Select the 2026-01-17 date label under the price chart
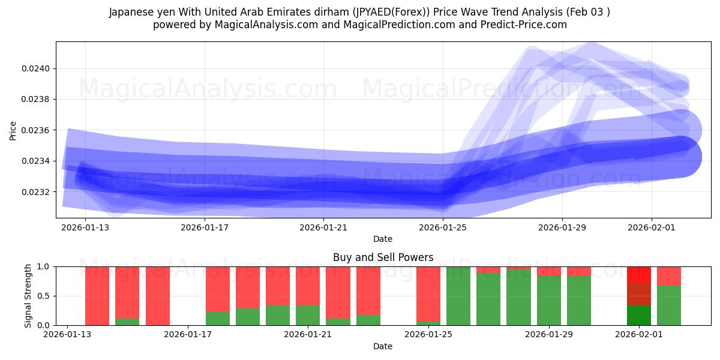tap(205, 227)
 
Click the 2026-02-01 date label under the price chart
tap(652, 227)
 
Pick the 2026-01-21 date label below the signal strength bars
tap(308, 335)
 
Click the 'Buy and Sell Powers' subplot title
tap(383, 257)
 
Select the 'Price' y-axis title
tap(13, 130)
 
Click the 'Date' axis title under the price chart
tap(383, 239)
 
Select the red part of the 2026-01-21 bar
tap(308, 286)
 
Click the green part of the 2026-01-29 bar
tap(549, 300)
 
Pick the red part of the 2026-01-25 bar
tap(428, 293)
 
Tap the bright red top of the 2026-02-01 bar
tap(639, 274)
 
